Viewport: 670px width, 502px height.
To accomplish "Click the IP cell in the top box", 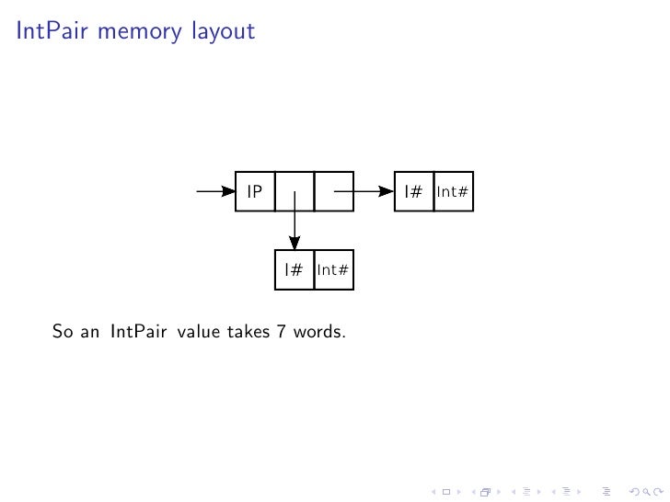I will pyautogui.click(x=255, y=192).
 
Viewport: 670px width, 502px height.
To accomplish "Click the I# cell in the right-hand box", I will pyautogui.click(x=413, y=192).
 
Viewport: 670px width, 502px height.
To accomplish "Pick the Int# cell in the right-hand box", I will pyautogui.click(x=454, y=192).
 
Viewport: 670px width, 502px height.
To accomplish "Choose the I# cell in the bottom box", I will pyautogui.click(x=295, y=270).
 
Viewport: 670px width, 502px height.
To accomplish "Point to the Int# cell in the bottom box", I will pyautogui.click(x=333, y=270).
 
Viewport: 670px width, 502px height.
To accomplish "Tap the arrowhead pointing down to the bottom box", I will pyautogui.click(x=295, y=243).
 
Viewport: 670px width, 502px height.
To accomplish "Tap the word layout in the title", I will pyautogui.click(x=223, y=31).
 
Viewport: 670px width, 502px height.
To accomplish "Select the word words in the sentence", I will pyautogui.click(x=319, y=331).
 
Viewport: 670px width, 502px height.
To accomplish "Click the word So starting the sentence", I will pyautogui.click(x=63, y=331).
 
